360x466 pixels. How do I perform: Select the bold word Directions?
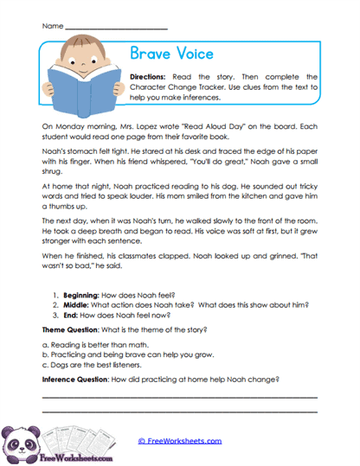(x=152, y=78)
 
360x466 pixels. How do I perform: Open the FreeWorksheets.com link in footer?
(x=179, y=441)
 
